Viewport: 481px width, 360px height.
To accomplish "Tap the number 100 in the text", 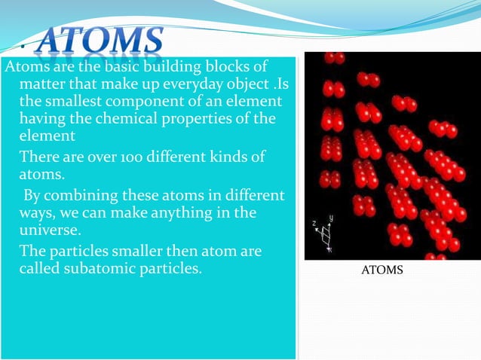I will click(x=136, y=157).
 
